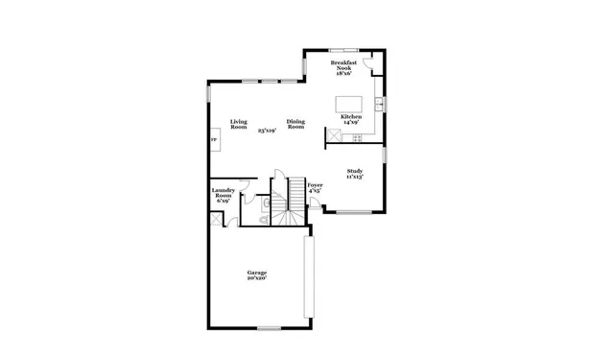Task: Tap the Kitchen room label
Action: click(x=350, y=117)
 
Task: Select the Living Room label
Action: click(x=239, y=125)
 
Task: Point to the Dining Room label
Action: click(x=295, y=125)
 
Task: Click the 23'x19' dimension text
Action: click(x=267, y=131)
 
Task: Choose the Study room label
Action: click(x=354, y=174)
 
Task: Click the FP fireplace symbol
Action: click(x=213, y=140)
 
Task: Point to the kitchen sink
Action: click(x=380, y=103)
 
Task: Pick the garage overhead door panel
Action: click(x=307, y=278)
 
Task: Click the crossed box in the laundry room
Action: click(x=216, y=219)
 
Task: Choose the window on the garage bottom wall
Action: click(x=270, y=329)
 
